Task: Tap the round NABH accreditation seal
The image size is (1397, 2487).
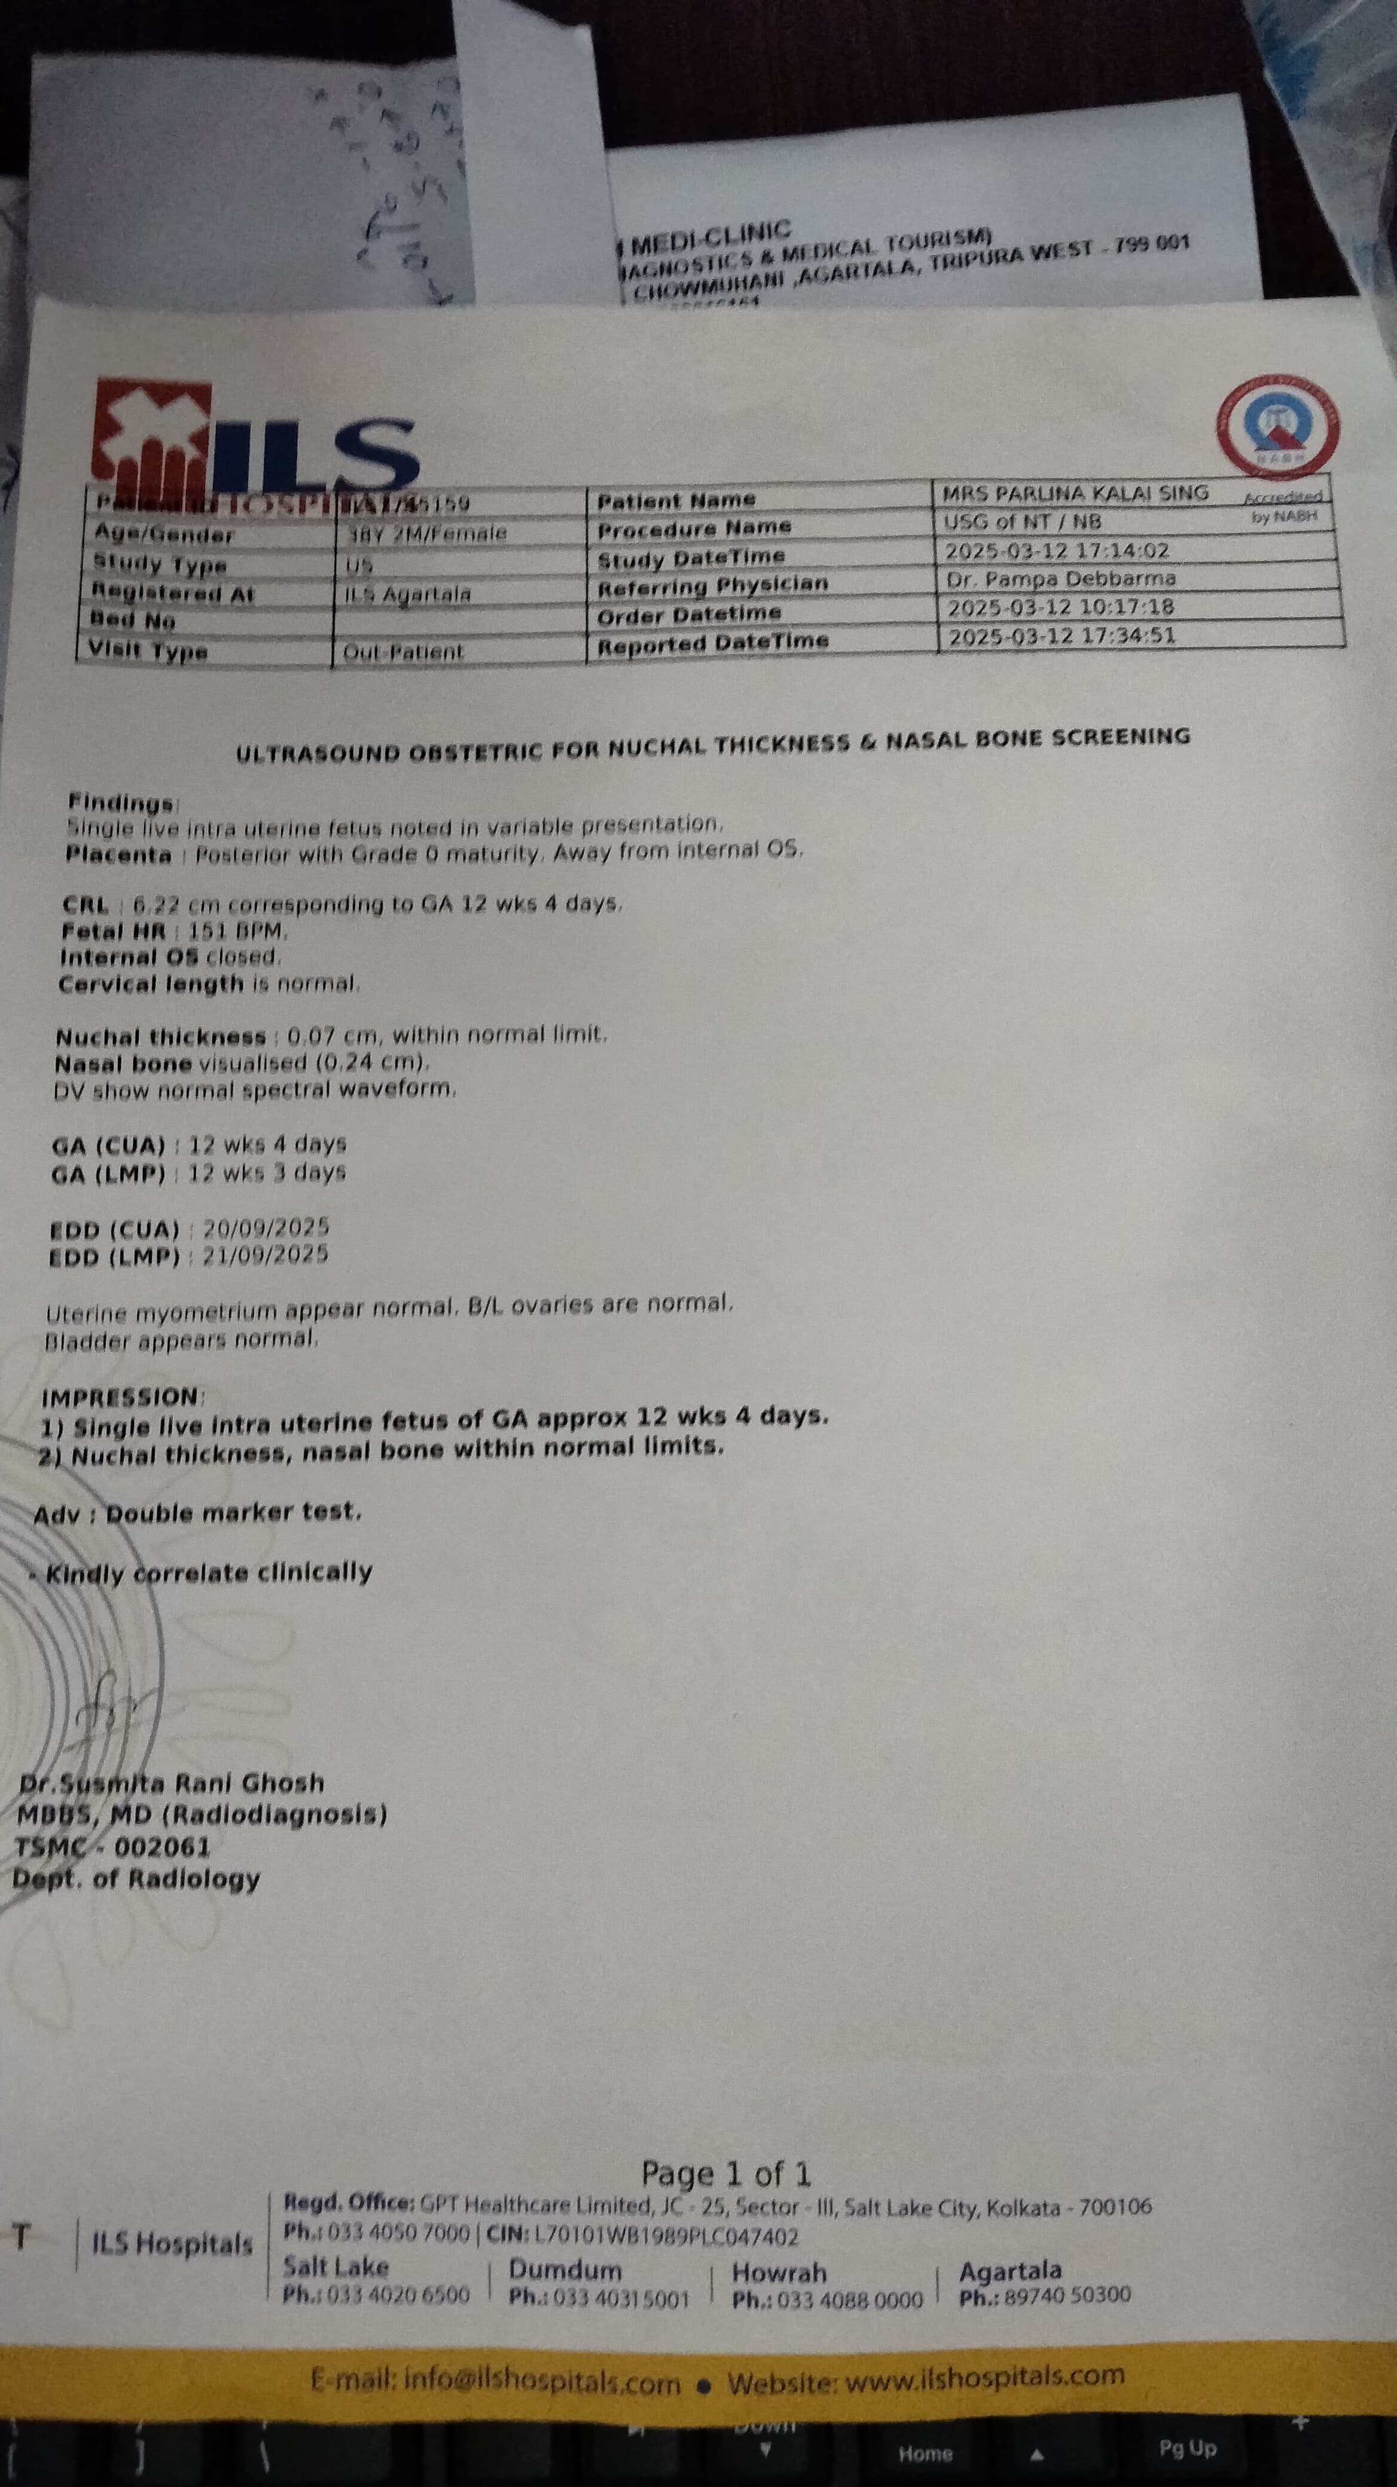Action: (1278, 425)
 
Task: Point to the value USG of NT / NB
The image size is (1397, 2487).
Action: (1021, 523)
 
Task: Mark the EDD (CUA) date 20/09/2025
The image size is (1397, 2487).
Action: (266, 1228)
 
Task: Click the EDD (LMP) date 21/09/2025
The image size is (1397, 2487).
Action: (266, 1255)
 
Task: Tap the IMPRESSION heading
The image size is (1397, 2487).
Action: (121, 1397)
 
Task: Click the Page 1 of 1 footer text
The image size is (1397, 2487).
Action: (726, 2174)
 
